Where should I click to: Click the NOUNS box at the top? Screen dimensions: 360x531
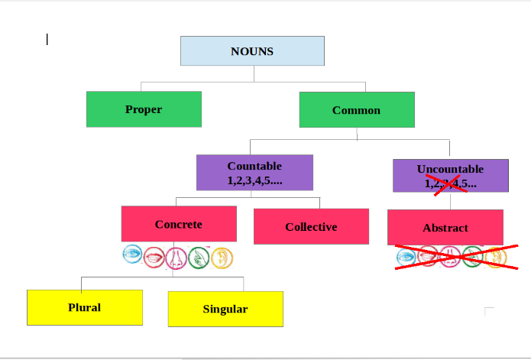[x=252, y=51]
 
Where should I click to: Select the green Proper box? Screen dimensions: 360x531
[x=144, y=109]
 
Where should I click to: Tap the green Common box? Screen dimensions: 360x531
[x=356, y=110]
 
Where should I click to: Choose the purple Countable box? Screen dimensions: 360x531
[x=254, y=173]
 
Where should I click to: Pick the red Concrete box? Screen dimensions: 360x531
[x=179, y=224]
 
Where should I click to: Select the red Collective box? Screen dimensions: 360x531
[x=311, y=227]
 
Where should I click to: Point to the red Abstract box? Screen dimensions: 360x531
[x=445, y=228]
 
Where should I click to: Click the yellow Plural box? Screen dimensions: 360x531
[x=84, y=307]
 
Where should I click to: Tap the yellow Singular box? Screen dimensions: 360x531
[x=225, y=309]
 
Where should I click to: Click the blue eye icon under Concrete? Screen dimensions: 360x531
[x=133, y=255]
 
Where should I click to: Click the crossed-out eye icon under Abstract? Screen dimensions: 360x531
[x=406, y=258]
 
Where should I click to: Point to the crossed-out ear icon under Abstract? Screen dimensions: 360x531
[x=495, y=258]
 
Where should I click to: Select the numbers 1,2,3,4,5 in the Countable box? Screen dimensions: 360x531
[x=254, y=181]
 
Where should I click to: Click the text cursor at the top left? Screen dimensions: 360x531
[x=47, y=39]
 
